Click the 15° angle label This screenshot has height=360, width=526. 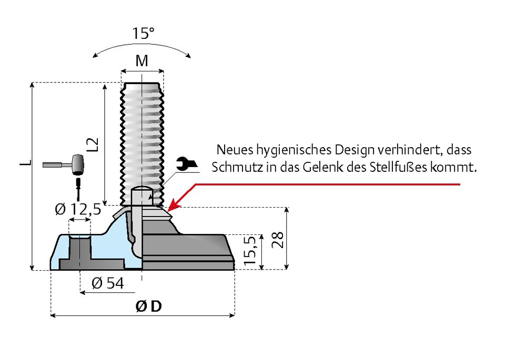(x=143, y=34)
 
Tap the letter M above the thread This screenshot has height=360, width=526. (x=142, y=61)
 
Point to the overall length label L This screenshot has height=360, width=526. (x=24, y=163)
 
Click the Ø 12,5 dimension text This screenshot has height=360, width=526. (x=77, y=210)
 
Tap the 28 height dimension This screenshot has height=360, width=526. (x=279, y=240)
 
